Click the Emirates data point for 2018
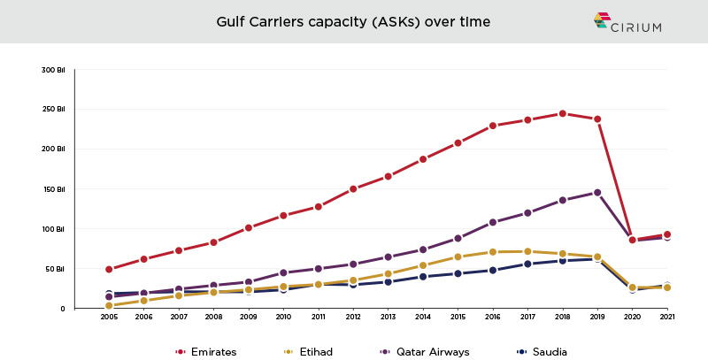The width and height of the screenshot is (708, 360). [562, 113]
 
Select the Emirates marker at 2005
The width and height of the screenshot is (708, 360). [109, 269]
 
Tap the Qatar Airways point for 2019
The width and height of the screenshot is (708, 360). [596, 192]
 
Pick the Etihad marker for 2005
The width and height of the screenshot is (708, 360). [109, 305]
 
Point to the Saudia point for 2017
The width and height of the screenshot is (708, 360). [527, 264]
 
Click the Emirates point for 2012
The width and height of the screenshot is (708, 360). [353, 188]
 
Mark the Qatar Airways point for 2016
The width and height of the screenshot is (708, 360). [492, 222]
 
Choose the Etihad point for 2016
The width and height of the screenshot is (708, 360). [492, 252]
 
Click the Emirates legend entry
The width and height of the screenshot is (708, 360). [206, 351]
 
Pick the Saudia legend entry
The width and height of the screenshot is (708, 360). [543, 351]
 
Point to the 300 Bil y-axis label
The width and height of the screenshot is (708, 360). [53, 69]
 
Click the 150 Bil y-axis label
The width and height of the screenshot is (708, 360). [53, 188]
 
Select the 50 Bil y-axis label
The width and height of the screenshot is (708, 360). [55, 268]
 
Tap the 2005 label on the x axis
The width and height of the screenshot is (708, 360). [109, 317]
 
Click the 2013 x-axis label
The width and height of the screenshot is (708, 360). [388, 317]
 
